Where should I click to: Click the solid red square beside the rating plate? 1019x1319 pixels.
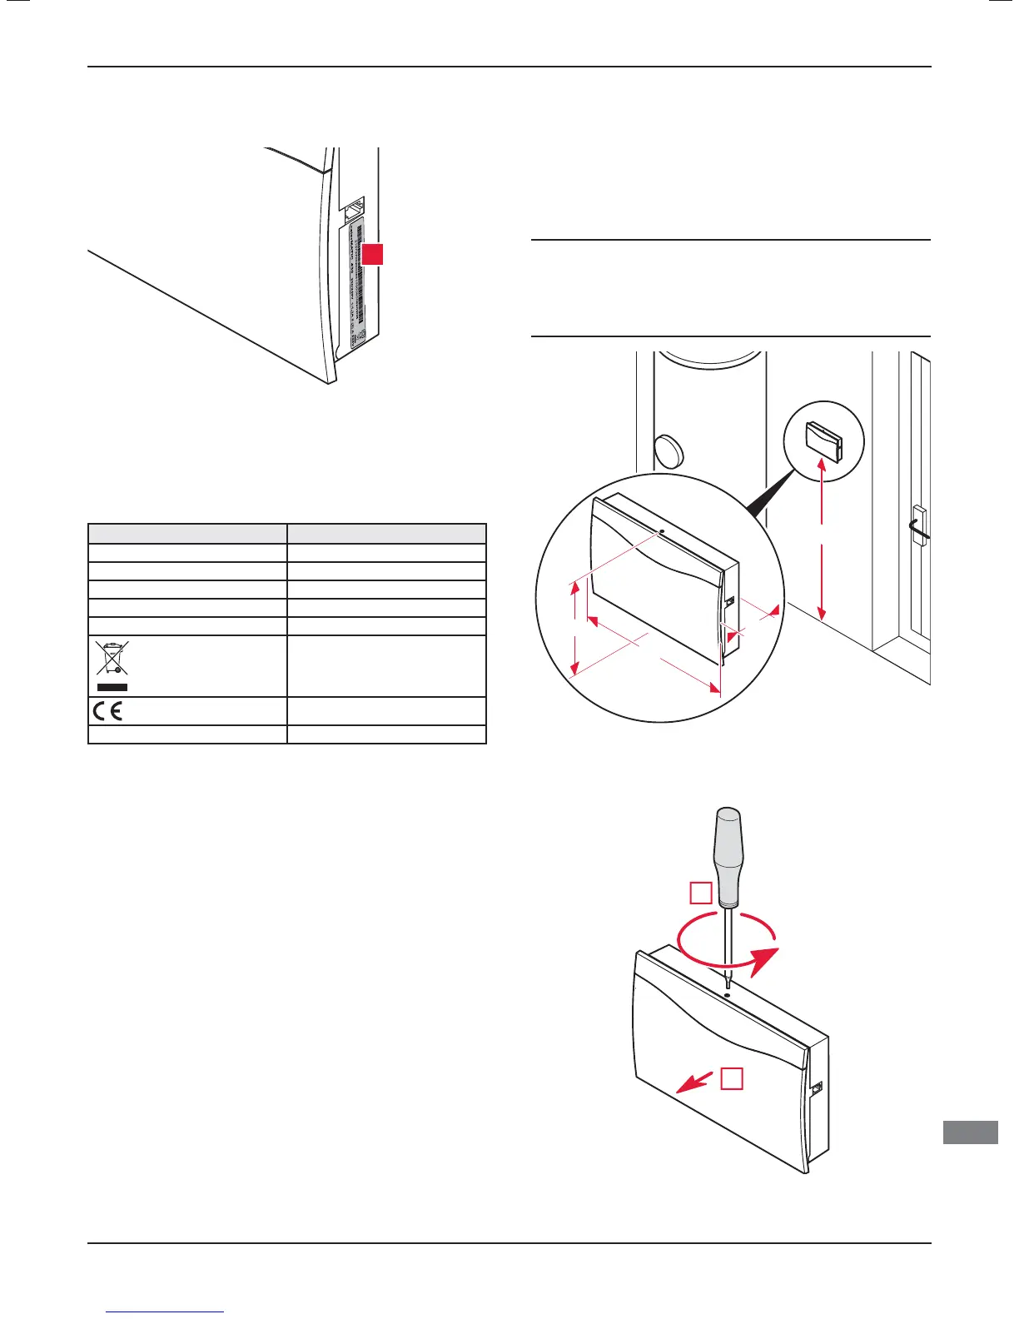[372, 254]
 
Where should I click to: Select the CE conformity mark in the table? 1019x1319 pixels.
[106, 712]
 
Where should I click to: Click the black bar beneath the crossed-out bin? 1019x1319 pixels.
[112, 687]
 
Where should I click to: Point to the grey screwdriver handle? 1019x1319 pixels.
[728, 857]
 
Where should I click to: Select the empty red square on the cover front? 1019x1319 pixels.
[731, 1078]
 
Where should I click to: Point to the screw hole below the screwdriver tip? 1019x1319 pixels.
[727, 994]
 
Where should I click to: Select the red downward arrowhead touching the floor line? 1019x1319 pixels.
[823, 615]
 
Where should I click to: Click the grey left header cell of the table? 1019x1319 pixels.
[187, 534]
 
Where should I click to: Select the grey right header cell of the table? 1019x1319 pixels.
[386, 534]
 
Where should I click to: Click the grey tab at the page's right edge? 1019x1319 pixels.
[970, 1132]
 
